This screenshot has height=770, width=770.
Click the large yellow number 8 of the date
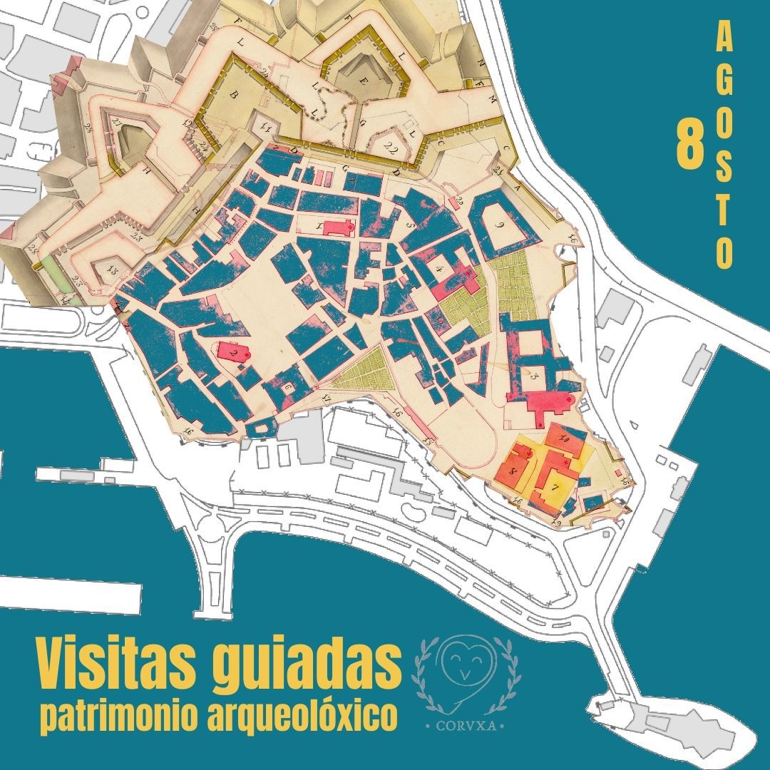click(690, 146)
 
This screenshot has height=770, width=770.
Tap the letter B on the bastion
click(233, 94)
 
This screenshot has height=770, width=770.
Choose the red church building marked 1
click(339, 227)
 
